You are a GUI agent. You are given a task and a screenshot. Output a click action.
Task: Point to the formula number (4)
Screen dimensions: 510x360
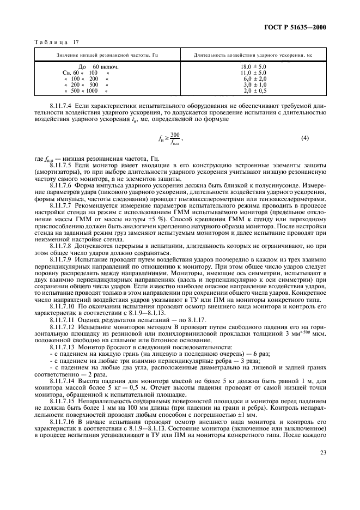click(x=305, y=139)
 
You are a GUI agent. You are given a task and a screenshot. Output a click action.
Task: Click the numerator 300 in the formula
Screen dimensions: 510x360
click(x=174, y=135)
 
